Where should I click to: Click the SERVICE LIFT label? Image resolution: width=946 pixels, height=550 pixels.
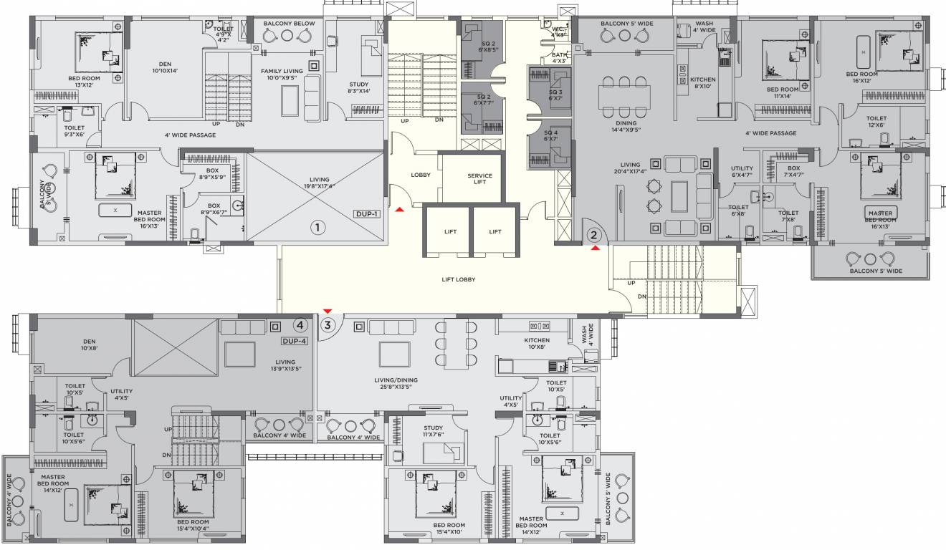coord(479,178)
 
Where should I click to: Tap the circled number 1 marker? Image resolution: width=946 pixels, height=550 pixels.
coord(317,227)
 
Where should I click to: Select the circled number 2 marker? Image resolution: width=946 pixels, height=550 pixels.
coord(593,234)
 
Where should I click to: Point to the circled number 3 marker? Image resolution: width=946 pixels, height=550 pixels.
coord(328,324)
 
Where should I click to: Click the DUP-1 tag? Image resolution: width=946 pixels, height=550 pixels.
coord(366,214)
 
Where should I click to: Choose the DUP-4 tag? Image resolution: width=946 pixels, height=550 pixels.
coord(294,341)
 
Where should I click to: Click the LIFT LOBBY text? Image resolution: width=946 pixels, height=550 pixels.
coord(459,279)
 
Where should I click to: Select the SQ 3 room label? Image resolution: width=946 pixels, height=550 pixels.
coord(555,95)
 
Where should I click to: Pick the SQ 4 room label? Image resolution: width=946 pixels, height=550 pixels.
coord(550,135)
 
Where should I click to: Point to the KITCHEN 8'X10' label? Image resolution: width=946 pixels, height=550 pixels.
coord(702,83)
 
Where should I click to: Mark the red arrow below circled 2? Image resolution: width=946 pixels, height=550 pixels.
coord(595,249)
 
